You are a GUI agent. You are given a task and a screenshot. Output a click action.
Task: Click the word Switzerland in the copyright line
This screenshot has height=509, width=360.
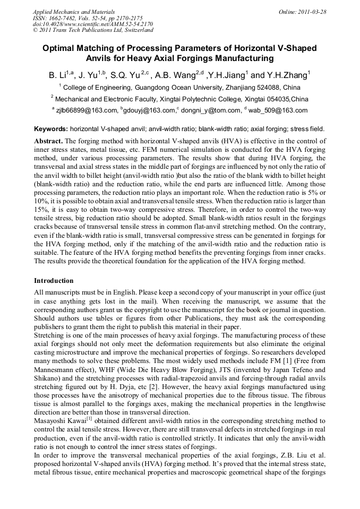click(136, 30)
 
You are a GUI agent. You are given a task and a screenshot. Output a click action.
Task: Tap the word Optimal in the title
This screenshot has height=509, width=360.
click(59, 48)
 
